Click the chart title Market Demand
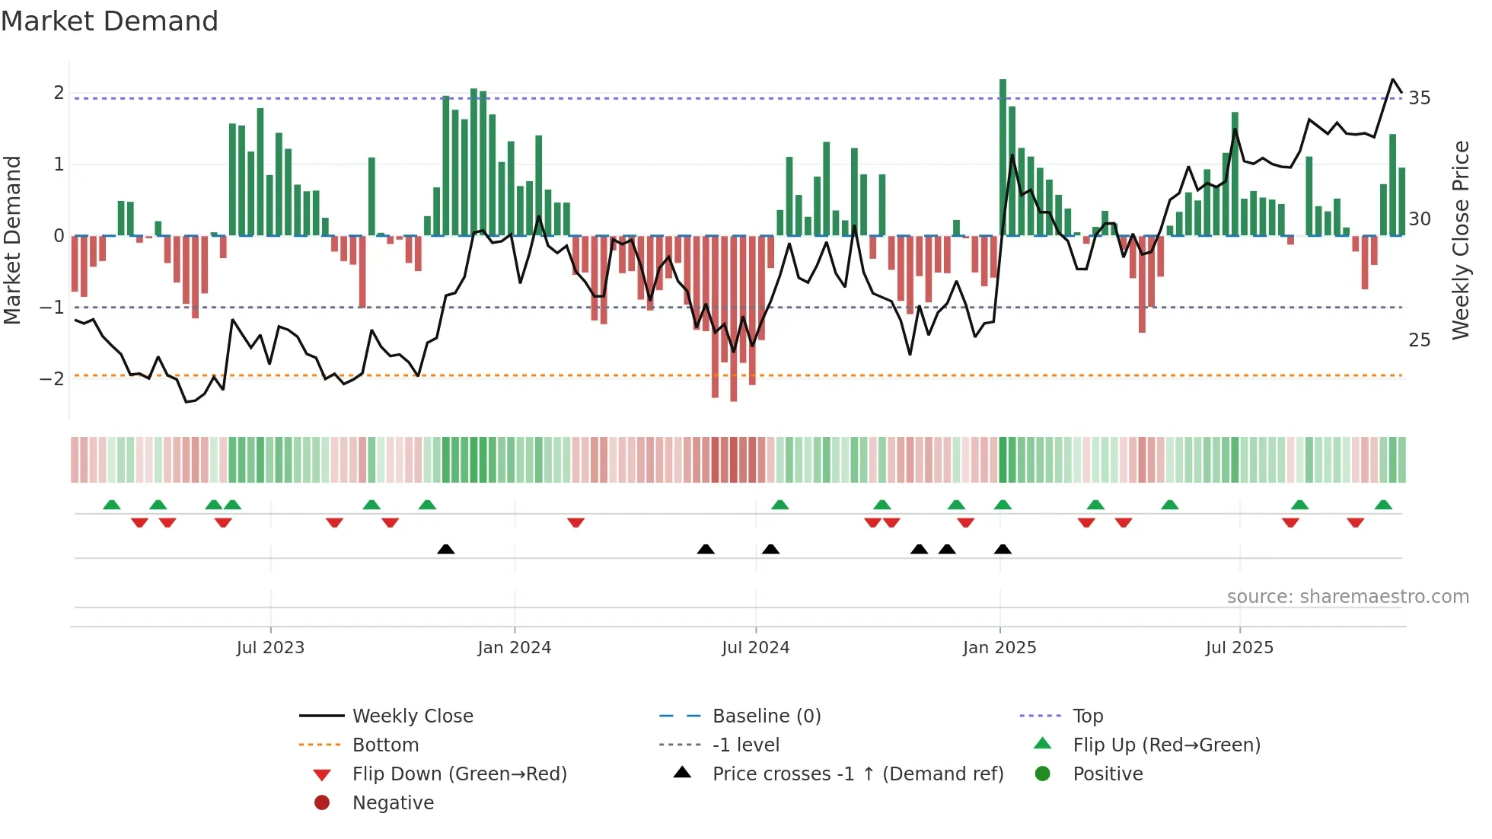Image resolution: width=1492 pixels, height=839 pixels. point(110,21)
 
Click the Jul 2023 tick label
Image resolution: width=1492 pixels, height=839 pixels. point(270,648)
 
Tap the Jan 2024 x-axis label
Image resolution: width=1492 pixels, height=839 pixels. point(514,648)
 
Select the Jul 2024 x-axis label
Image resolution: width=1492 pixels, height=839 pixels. point(755,648)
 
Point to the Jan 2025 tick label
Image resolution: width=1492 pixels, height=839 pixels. point(999,648)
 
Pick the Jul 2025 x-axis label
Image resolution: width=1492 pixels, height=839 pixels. point(1239,648)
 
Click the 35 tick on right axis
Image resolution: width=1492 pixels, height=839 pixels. point(1419,98)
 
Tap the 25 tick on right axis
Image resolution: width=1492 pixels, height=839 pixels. point(1419,340)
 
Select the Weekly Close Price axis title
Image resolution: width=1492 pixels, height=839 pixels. point(1460,240)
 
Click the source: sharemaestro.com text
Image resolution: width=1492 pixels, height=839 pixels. point(1347,597)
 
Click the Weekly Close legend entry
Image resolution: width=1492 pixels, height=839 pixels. point(412,716)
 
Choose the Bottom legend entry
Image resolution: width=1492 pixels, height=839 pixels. point(385,745)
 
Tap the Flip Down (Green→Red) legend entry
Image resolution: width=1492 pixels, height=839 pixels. point(459,774)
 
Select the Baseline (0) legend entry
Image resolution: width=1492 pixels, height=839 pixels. point(766,716)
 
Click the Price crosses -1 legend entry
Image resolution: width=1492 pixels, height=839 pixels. point(857,774)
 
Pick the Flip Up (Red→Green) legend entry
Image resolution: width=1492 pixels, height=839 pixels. point(1166,745)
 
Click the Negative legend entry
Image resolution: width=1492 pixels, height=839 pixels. point(393,803)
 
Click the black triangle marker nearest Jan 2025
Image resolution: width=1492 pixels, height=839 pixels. point(1003,550)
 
